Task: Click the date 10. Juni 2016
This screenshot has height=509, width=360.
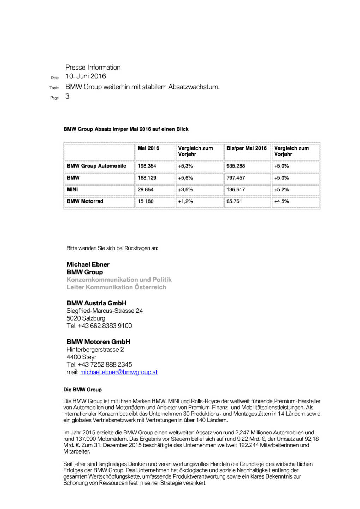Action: [x=85, y=76]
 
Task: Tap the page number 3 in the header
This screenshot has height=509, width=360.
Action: [x=67, y=96]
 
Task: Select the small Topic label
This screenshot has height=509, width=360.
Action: [x=54, y=88]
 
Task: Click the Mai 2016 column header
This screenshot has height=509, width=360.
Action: [x=148, y=148]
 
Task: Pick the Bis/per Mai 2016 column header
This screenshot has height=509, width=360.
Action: [x=246, y=148]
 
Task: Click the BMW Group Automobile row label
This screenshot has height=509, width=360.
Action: [x=96, y=166]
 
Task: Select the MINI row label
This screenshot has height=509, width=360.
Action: [x=72, y=190]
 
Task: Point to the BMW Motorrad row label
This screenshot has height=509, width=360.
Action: [x=85, y=201]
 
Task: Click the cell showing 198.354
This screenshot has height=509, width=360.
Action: [x=147, y=166]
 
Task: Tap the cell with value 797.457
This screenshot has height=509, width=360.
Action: [x=236, y=178]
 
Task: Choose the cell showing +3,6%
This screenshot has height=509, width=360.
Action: [x=185, y=190]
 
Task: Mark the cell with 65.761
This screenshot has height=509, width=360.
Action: [x=234, y=201]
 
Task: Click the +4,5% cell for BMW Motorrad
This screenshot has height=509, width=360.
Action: [x=281, y=201]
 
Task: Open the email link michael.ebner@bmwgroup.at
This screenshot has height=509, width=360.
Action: [x=119, y=372]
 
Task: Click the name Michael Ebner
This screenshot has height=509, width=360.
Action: [x=88, y=264]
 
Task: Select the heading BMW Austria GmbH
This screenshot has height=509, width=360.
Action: [x=96, y=303]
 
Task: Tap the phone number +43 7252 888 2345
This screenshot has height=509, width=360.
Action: [x=105, y=365]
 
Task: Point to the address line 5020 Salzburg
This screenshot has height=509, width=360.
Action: [x=86, y=318]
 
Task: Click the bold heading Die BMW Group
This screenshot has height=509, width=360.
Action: [x=82, y=390]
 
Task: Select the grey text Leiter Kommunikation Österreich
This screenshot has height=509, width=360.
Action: [x=116, y=287]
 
